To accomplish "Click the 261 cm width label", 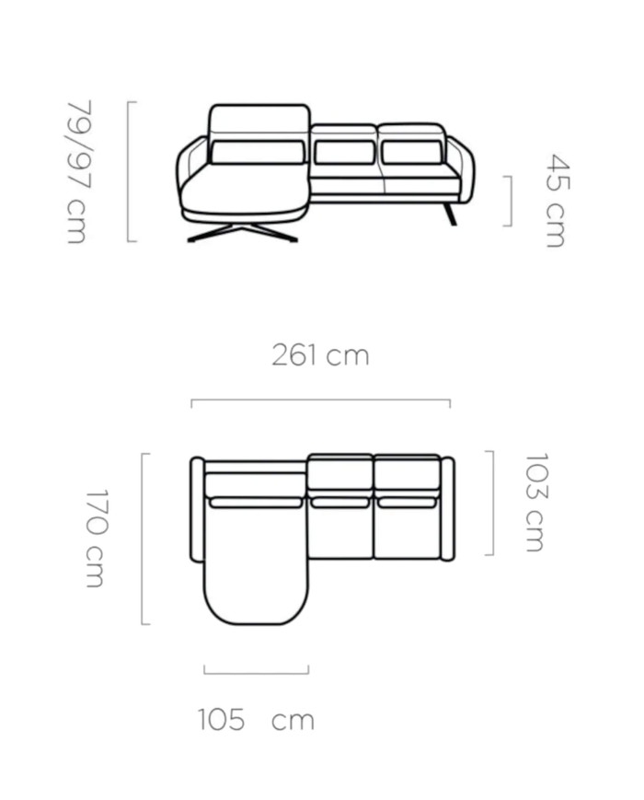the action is pyautogui.click(x=320, y=355).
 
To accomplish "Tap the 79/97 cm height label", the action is pyautogui.click(x=79, y=171).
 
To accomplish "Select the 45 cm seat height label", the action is pyautogui.click(x=557, y=201).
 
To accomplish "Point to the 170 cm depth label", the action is pyautogui.click(x=96, y=539).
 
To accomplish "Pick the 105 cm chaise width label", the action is pyautogui.click(x=256, y=719).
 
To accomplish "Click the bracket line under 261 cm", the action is pyautogui.click(x=321, y=400).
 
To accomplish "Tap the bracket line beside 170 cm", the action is pyautogui.click(x=142, y=539).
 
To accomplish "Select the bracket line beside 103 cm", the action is pyautogui.click(x=492, y=503).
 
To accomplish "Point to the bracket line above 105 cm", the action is pyautogui.click(x=256, y=673).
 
